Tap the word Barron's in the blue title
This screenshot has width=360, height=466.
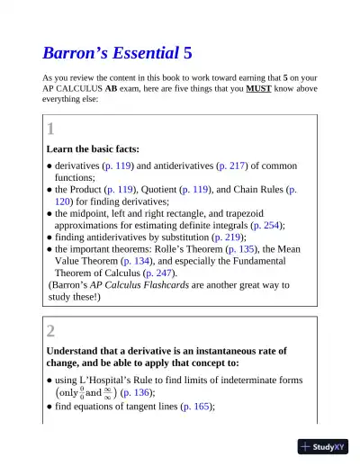tap(75, 52)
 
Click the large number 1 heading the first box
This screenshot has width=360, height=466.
tap(51, 129)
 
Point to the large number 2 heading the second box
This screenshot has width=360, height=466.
tap(51, 329)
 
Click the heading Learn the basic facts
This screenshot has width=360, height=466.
tap(93, 148)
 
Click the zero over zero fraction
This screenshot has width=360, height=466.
tap(82, 392)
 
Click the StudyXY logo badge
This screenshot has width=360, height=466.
tap(322, 446)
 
